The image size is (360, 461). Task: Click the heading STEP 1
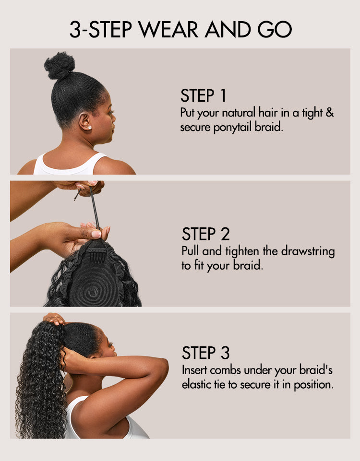click(203, 95)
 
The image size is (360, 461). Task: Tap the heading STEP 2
click(205, 235)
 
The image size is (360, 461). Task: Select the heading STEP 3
click(205, 353)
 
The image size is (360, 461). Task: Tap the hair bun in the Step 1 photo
click(60, 66)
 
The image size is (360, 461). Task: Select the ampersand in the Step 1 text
click(330, 114)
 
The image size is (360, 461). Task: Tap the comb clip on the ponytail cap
click(96, 250)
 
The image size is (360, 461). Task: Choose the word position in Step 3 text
click(314, 385)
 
